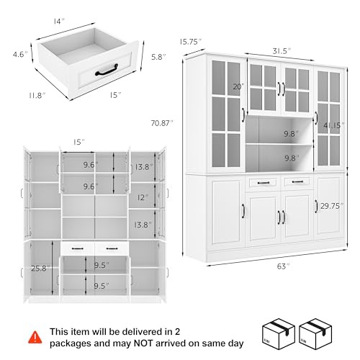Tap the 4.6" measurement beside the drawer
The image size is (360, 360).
tap(19, 54)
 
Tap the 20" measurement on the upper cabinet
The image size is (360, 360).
tap(238, 87)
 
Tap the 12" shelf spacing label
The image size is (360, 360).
tap(143, 197)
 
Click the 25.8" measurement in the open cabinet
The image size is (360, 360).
tap(40, 269)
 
